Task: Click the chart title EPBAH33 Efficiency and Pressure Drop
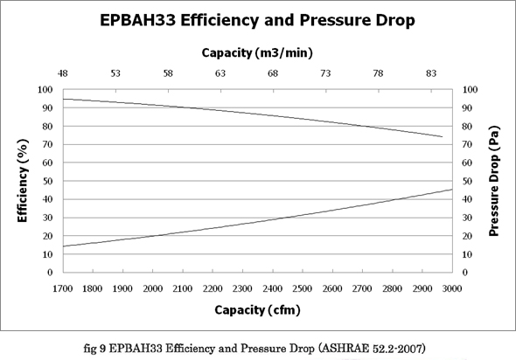257,20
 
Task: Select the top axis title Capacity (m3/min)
257,52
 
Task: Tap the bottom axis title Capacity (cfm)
257,310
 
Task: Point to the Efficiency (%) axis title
23,181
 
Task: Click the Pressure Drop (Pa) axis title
494,181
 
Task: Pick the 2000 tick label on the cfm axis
153,288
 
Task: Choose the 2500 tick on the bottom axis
303,288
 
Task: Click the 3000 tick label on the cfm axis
452,288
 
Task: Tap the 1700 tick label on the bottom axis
63,288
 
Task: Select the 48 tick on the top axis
62,73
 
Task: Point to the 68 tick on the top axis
273,73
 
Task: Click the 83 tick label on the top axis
431,73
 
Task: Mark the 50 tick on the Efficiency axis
47,181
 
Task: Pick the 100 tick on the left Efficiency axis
45,89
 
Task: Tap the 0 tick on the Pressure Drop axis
465,273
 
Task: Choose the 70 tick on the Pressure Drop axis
468,144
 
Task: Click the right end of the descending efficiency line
443,136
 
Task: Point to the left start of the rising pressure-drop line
63,246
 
